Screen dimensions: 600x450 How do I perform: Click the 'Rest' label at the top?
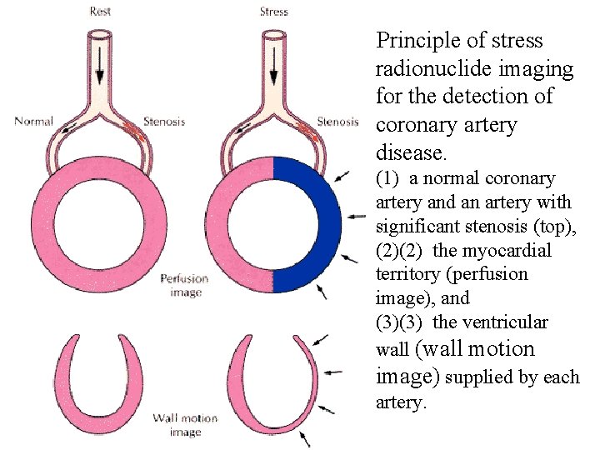[102, 12]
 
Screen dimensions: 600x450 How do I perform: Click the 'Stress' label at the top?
[273, 12]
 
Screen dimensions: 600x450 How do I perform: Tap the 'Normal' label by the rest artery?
[33, 122]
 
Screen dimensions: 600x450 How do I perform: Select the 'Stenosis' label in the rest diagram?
[164, 122]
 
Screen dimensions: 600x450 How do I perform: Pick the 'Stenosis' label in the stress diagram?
[337, 122]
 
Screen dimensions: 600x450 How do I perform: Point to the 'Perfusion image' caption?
[184, 285]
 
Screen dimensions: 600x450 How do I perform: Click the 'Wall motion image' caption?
[184, 425]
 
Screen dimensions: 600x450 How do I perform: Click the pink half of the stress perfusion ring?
[222, 223]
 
